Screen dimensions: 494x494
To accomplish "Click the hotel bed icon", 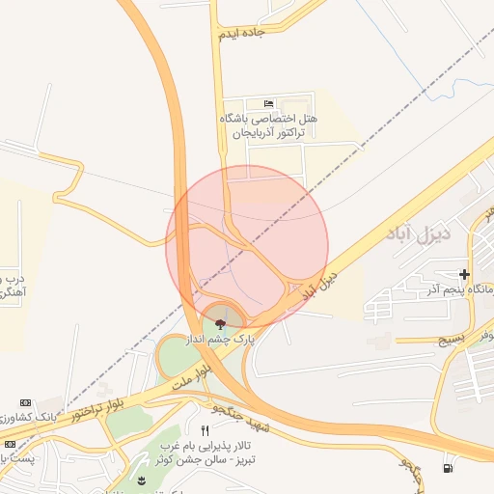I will click(268, 103).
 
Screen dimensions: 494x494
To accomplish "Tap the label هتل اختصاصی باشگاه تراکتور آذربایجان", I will click(268, 123).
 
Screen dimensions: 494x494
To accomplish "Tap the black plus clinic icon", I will click(465, 275).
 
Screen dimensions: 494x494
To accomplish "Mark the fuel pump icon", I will click(446, 469).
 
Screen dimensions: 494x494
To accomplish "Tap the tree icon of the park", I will click(221, 322).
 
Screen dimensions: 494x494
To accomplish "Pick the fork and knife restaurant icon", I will click(205, 429).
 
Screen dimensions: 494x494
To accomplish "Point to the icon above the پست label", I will click(24, 443).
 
